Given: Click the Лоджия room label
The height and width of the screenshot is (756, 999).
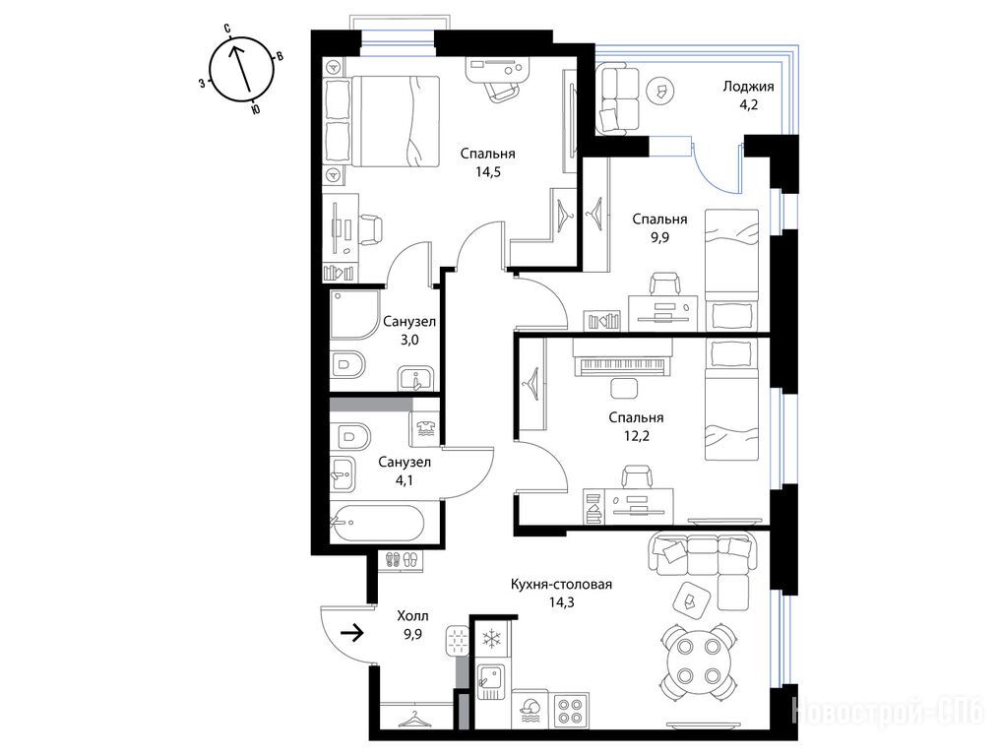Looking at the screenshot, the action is (748, 87).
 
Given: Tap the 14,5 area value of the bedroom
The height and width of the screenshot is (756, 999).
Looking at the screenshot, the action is (487, 171).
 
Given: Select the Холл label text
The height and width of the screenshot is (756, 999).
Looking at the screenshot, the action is (412, 616).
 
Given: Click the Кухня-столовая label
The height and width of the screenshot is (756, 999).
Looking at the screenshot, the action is (561, 584).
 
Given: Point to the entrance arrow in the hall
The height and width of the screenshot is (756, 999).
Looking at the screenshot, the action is (352, 633).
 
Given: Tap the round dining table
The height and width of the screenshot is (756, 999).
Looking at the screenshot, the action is (697, 662).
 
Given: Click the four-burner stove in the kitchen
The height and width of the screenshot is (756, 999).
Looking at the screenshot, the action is (570, 711).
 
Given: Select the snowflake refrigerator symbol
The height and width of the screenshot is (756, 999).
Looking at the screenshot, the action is (491, 638).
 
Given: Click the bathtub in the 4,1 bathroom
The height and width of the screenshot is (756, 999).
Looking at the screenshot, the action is (377, 524).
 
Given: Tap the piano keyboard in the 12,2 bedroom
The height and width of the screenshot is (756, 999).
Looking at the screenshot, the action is (622, 366).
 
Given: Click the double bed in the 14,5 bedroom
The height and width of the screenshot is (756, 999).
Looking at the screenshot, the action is (395, 121).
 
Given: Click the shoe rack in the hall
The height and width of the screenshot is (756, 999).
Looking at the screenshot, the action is (401, 560).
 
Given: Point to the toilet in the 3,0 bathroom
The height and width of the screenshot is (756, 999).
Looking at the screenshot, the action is (347, 365).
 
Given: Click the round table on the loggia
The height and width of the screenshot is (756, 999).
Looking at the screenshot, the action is (661, 92).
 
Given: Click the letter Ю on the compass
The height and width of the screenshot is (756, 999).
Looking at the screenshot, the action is (255, 110).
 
